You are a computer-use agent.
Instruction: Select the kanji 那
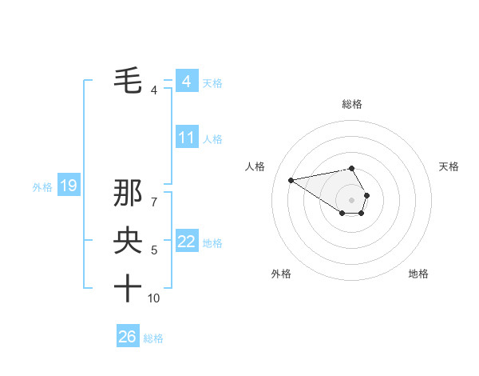click(128, 195)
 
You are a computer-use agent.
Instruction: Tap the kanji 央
click(128, 241)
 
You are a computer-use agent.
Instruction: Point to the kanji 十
click(128, 288)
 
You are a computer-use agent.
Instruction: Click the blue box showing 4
click(186, 81)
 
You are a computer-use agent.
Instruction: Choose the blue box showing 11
click(186, 138)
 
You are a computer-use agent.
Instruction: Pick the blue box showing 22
click(186, 242)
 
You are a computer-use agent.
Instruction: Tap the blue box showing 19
click(69, 186)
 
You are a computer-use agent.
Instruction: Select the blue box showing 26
click(127, 337)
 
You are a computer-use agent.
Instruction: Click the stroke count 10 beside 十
click(154, 298)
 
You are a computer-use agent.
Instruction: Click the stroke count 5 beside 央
click(154, 250)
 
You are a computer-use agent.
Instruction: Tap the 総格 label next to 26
click(153, 338)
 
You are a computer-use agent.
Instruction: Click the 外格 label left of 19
click(42, 187)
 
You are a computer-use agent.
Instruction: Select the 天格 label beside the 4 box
click(212, 82)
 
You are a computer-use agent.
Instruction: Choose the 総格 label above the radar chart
click(352, 104)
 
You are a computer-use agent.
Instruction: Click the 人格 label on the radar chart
click(255, 166)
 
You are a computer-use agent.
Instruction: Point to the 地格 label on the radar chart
click(418, 274)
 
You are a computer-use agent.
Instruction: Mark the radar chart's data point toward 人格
click(291, 179)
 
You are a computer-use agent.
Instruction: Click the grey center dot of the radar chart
click(351, 199)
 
